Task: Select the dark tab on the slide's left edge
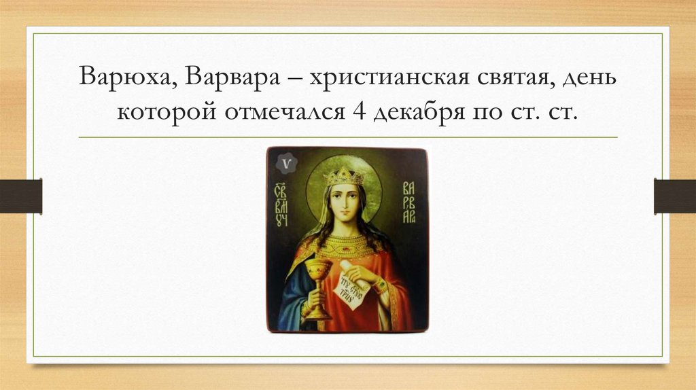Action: pos(20,196)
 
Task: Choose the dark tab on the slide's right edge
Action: pos(675,196)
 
